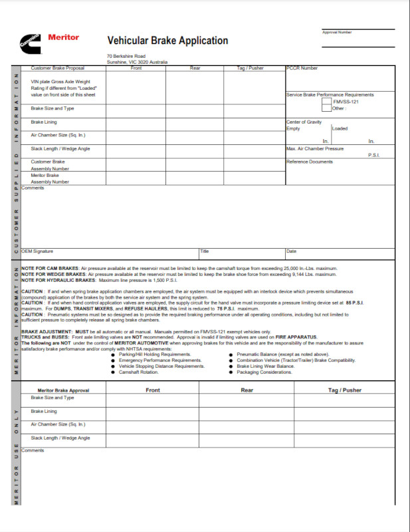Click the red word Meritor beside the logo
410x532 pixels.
click(x=64, y=37)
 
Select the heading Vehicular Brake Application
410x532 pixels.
click(x=167, y=41)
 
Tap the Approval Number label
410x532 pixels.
click(x=337, y=32)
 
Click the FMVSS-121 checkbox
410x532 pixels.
click(x=326, y=102)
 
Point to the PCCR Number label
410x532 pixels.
click(x=302, y=68)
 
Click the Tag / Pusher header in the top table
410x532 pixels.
click(x=251, y=68)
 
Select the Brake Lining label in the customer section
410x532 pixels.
click(x=43, y=122)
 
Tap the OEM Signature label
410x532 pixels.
click(x=37, y=251)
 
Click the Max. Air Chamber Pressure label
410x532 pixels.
click(x=315, y=148)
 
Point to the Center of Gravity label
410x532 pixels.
click(x=304, y=122)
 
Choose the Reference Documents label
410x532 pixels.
click(x=310, y=162)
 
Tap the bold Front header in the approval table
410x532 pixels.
click(x=152, y=390)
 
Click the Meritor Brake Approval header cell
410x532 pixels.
click(x=63, y=390)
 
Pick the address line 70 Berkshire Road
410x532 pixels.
click(x=126, y=56)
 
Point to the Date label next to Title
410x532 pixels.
click(x=292, y=251)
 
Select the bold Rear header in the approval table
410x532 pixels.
click(x=247, y=390)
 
